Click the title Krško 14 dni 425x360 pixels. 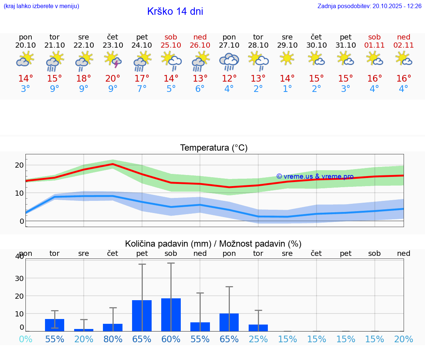click(x=175, y=11)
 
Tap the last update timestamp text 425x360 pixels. click(x=369, y=6)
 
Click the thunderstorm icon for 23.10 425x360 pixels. click(x=113, y=59)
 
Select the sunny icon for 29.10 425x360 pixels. click(x=287, y=58)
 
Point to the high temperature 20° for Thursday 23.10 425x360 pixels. click(x=113, y=79)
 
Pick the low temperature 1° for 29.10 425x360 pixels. click(x=287, y=89)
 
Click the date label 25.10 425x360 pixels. click(x=171, y=45)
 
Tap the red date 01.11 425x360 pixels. click(x=374, y=45)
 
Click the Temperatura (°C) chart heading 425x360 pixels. click(x=214, y=148)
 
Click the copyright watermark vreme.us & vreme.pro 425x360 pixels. click(x=315, y=176)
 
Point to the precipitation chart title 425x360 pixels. click(x=213, y=244)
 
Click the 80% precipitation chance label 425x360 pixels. click(x=113, y=339)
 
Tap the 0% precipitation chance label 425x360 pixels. click(x=25, y=339)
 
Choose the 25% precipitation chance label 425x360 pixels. click(x=258, y=339)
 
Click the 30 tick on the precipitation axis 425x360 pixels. click(x=19, y=278)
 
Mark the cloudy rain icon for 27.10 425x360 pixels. click(x=229, y=61)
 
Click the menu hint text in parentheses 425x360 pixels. click(x=41, y=6)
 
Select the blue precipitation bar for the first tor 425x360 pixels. click(x=55, y=325)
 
